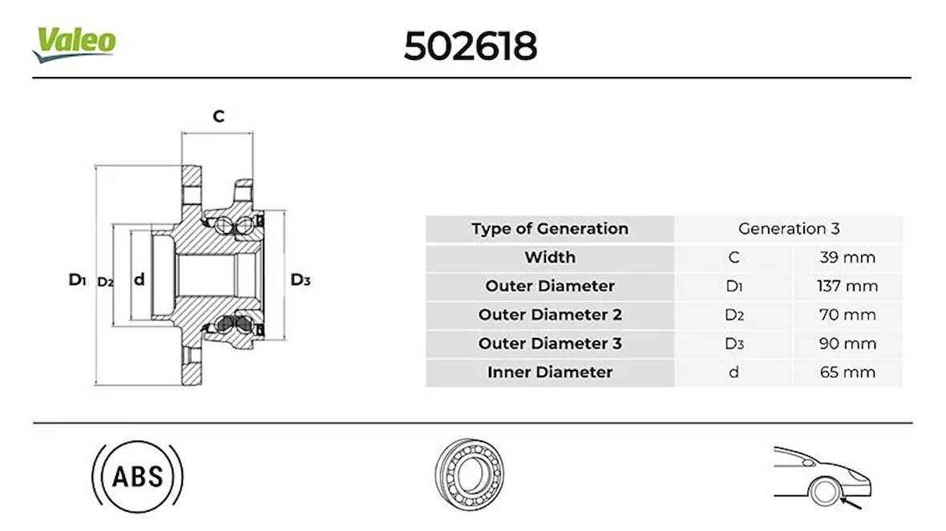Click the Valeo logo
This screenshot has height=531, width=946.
coord(74,43)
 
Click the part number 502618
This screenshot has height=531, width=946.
coord(470,46)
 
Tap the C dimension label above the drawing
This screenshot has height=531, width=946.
coord(218,115)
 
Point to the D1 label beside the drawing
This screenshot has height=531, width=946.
coord(77,280)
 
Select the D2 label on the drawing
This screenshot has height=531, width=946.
coord(106,281)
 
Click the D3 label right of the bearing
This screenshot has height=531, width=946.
coord(301,280)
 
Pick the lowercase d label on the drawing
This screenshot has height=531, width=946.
coord(139,279)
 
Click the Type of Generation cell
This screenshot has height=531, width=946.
coord(550,229)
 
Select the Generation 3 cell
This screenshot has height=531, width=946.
coord(789,229)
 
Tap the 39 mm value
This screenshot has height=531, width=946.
coord(847,257)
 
